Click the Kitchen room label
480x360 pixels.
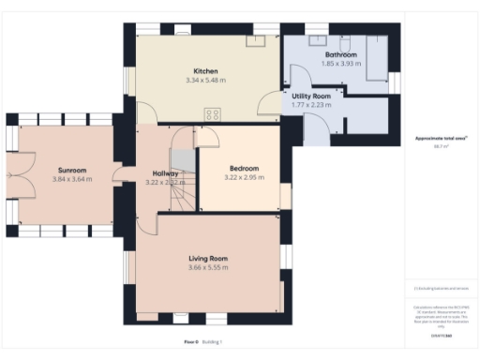206,71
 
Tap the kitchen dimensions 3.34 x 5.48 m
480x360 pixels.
206,82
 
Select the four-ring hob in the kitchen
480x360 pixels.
212,114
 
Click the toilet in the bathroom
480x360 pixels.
345,46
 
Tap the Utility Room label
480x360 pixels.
311,96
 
